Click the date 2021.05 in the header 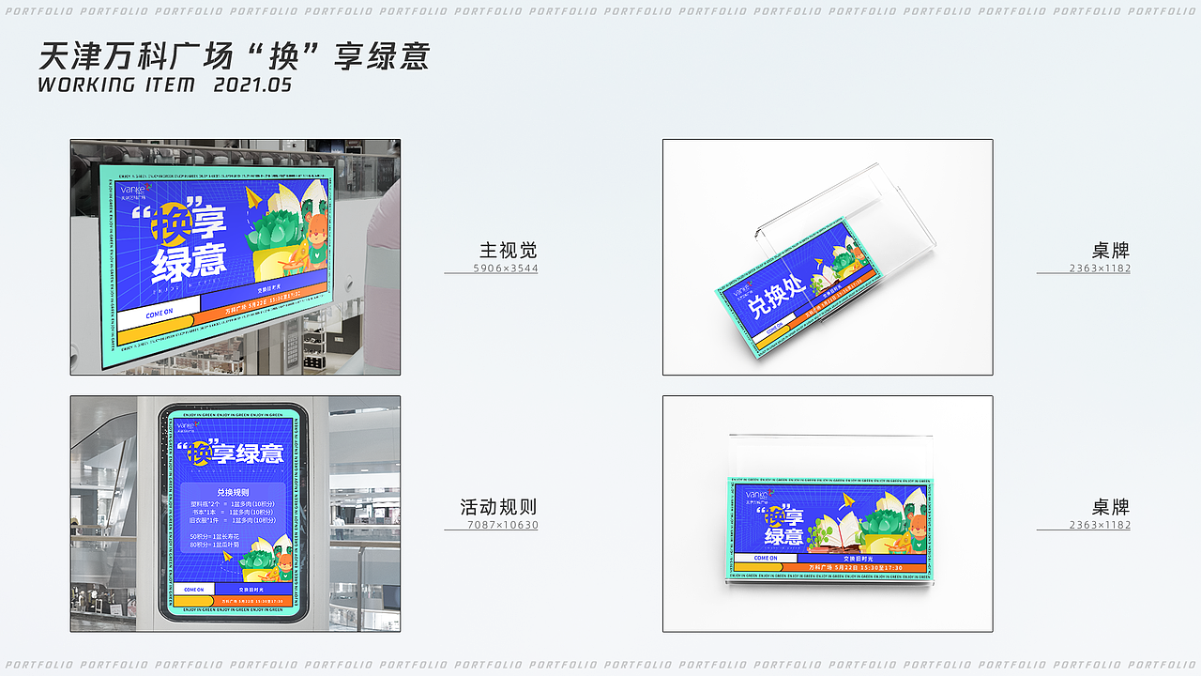coord(252,84)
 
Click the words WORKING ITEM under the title coord(116,84)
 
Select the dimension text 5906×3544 coord(505,269)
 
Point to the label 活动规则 coord(498,507)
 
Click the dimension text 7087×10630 coord(503,525)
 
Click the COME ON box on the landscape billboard coord(159,313)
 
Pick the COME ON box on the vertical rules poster coord(193,590)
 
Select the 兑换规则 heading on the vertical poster coord(232,492)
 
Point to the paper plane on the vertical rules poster coord(228,557)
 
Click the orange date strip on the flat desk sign coord(859,567)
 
